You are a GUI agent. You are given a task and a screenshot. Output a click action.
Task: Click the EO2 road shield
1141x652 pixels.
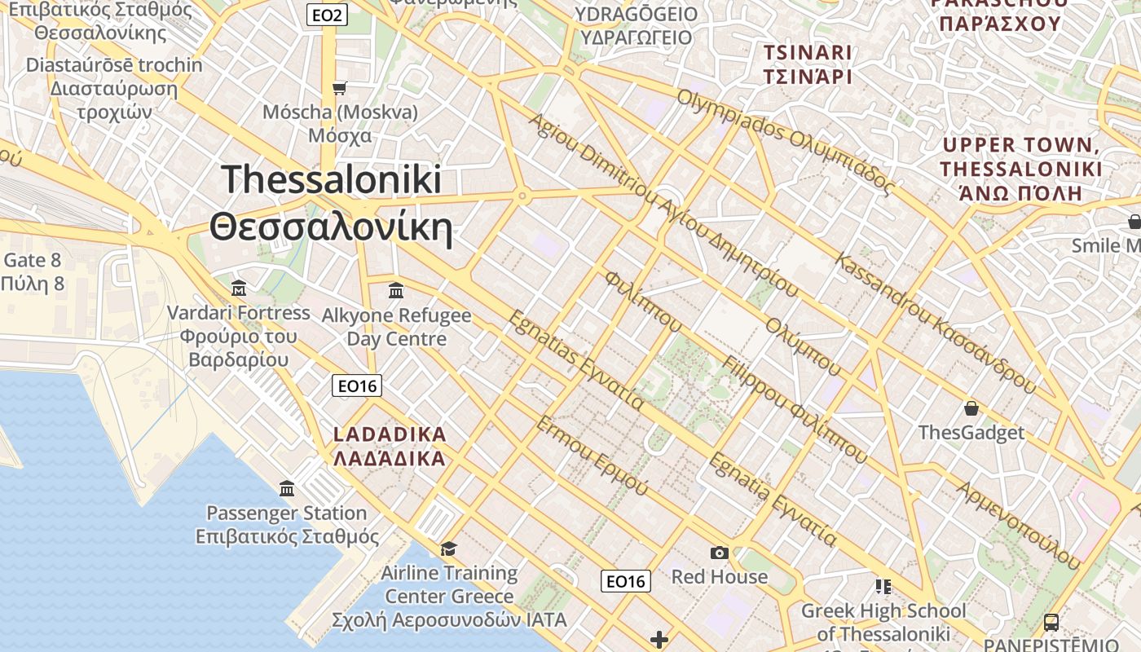(x=328, y=14)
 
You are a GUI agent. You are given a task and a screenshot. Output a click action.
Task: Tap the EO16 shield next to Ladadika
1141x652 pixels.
(x=357, y=385)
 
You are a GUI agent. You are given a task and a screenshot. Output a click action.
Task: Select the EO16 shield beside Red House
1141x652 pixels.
(x=626, y=581)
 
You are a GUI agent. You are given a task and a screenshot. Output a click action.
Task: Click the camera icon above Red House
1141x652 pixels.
(x=719, y=553)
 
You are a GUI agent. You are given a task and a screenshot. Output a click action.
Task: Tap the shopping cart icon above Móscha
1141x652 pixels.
(x=340, y=88)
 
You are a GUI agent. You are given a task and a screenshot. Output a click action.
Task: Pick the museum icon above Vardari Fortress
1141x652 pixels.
(x=239, y=289)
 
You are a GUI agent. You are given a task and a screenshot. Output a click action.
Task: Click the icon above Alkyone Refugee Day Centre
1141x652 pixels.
(x=396, y=290)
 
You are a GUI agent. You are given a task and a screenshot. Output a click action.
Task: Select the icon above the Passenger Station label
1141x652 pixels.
(x=287, y=489)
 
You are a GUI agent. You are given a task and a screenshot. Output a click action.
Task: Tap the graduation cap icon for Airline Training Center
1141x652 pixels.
(x=448, y=548)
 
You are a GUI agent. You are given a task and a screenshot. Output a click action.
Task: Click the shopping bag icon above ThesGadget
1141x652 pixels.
(x=971, y=407)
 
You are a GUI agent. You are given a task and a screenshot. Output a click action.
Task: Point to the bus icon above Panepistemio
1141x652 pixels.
(x=1051, y=623)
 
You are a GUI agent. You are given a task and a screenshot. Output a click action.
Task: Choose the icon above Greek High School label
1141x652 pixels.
(x=883, y=587)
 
